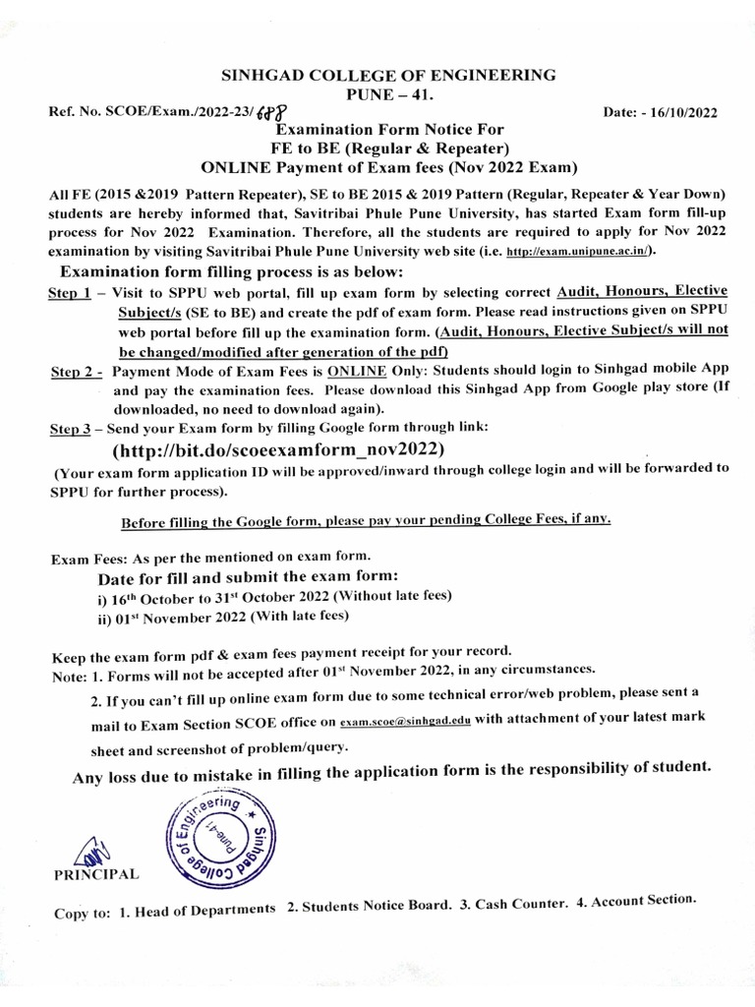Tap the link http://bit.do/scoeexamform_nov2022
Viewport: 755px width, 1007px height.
(279, 448)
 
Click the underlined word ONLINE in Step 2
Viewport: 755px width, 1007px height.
(355, 370)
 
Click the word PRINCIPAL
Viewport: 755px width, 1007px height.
(97, 874)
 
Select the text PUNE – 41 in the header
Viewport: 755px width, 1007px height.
(378, 94)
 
